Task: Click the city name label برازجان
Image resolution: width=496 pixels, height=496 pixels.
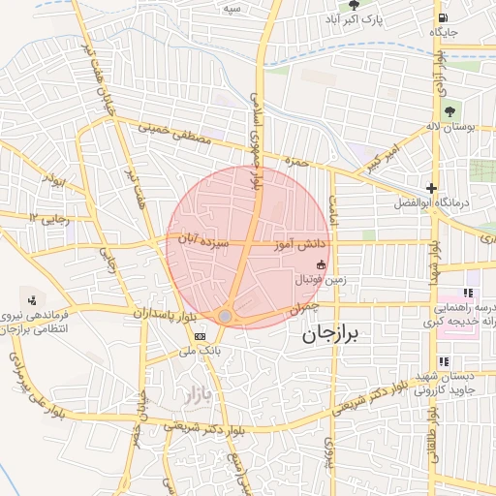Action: coord(325,335)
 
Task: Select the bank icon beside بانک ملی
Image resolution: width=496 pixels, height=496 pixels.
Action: coord(200,335)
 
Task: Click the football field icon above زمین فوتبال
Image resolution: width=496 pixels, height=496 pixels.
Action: coord(321,264)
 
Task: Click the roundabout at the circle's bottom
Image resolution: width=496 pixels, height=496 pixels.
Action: coord(225,316)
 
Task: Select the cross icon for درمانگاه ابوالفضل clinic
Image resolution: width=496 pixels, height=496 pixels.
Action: coord(431,188)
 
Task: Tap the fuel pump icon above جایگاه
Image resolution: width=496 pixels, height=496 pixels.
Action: coord(443,16)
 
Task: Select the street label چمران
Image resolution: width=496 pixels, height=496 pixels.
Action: coord(303,307)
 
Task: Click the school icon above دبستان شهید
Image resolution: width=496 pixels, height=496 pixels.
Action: coord(444,362)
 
